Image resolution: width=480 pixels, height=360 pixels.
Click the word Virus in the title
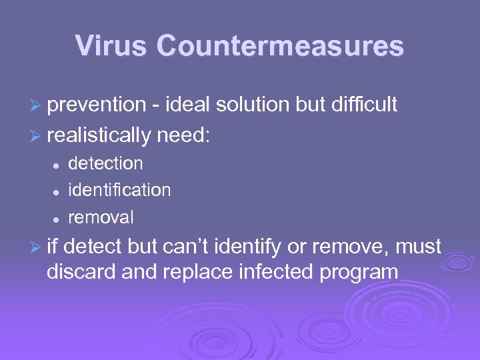(111, 46)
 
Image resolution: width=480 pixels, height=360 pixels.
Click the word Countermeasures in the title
(280, 46)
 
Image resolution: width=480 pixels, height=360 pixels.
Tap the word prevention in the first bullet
(97, 105)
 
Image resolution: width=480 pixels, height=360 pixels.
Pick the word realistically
(100, 136)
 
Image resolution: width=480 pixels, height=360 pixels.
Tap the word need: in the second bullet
(183, 136)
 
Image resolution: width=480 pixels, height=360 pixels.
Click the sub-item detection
(105, 163)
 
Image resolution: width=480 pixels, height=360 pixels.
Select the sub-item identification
(119, 190)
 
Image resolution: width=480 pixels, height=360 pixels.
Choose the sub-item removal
(101, 217)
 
